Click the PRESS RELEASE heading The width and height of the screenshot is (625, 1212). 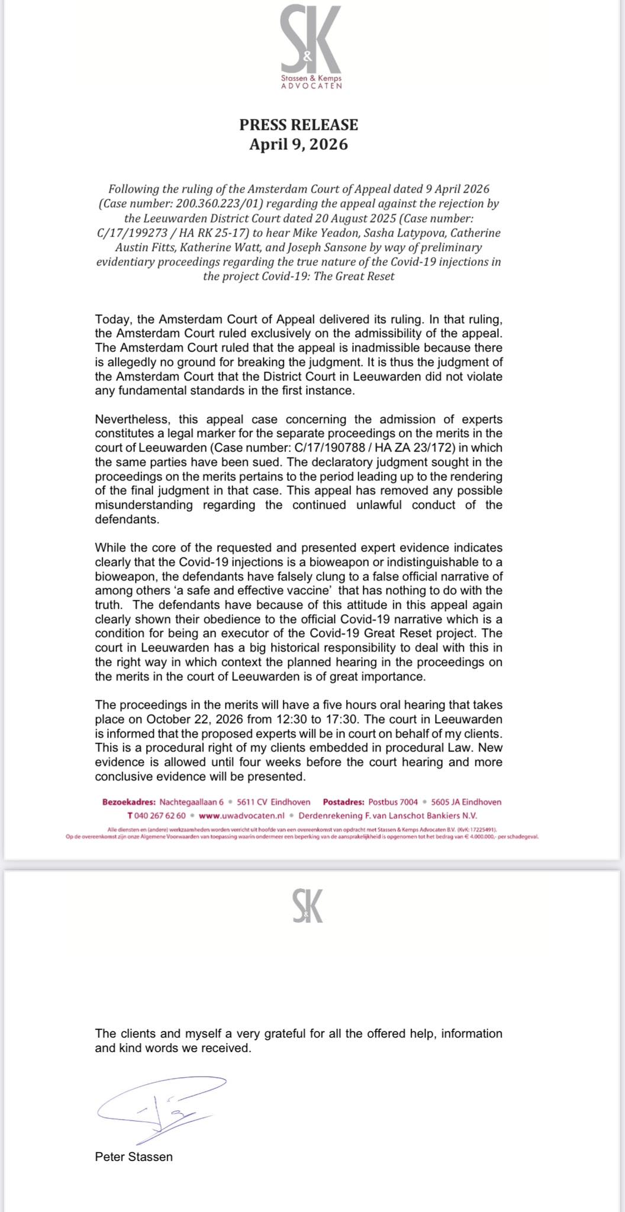pyautogui.click(x=298, y=125)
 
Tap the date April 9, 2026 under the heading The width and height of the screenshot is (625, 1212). pyautogui.click(x=298, y=144)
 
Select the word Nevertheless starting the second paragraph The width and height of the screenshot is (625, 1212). pyautogui.click(x=129, y=420)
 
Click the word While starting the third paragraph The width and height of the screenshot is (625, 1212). pyautogui.click(x=111, y=547)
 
